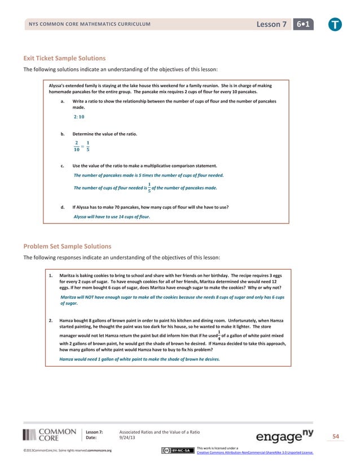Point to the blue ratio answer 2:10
click(x=79, y=117)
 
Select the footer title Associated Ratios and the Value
click(x=164, y=432)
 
